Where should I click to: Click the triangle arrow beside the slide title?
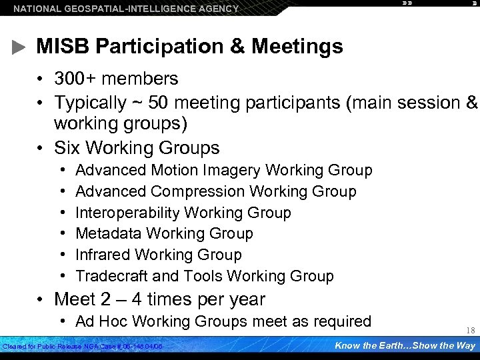pos(19,47)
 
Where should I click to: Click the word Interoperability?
pos(127,213)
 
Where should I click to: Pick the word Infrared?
pos(102,255)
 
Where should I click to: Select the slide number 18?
pos(470,331)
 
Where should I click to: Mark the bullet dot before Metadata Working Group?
pos(61,234)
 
